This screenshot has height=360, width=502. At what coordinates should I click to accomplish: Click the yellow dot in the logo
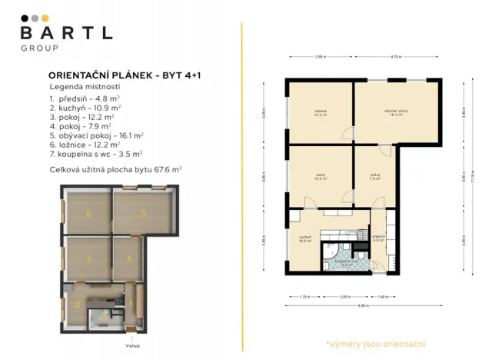pyautogui.click(x=45, y=18)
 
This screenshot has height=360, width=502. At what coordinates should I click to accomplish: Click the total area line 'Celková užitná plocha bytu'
pyautogui.click(x=115, y=168)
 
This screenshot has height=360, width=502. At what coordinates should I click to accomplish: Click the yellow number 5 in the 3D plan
pyautogui.click(x=143, y=213)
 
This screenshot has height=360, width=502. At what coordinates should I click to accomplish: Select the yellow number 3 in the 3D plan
pyautogui.click(x=89, y=258)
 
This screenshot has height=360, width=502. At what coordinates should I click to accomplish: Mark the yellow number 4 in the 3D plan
pyautogui.click(x=129, y=258)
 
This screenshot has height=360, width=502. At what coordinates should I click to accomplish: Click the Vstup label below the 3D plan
pyautogui.click(x=132, y=345)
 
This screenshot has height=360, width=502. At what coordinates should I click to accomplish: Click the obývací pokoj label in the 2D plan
pyautogui.click(x=397, y=112)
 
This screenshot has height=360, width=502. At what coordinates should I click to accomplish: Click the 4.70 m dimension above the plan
pyautogui.click(x=395, y=57)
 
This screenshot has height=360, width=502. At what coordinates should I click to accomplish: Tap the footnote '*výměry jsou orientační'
pyautogui.click(x=376, y=343)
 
